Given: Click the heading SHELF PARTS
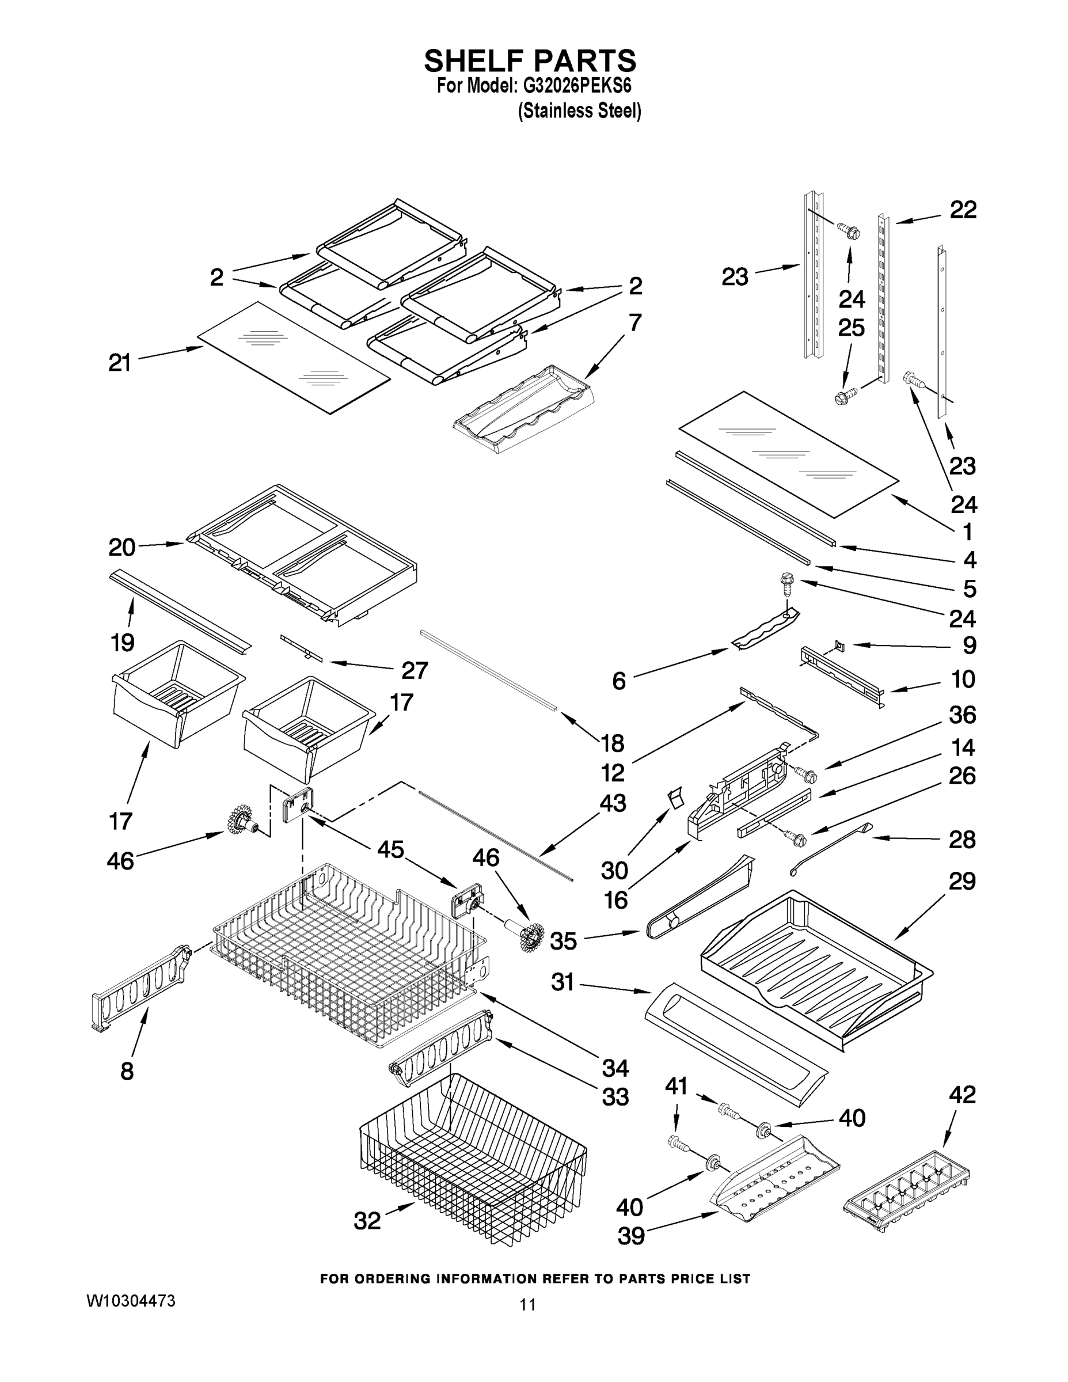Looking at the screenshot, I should click(530, 62).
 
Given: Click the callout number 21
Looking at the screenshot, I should click(120, 363).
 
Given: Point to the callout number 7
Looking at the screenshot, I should click(634, 322).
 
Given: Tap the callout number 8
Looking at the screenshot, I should click(127, 1070).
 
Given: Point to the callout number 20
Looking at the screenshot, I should click(121, 548).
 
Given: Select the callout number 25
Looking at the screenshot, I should click(851, 328).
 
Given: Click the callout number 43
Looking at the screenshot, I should click(612, 803).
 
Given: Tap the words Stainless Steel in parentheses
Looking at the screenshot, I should click(580, 111).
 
